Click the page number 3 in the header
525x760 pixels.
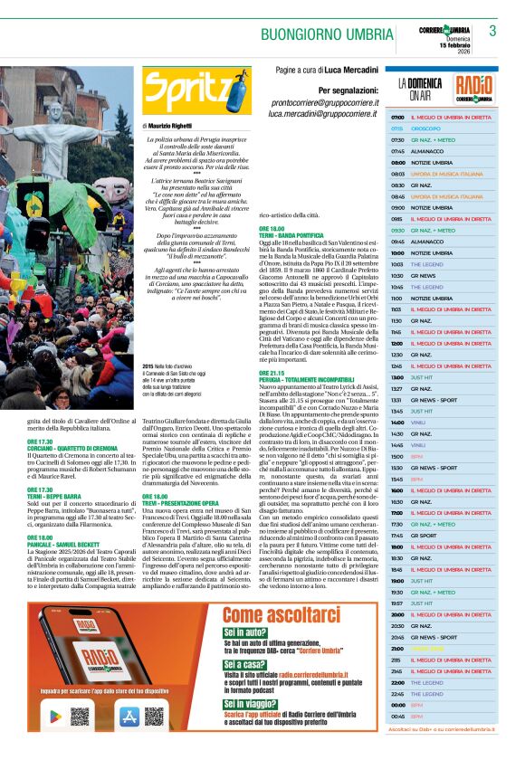click(492, 31)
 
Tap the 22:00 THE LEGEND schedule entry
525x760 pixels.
click(426, 682)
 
